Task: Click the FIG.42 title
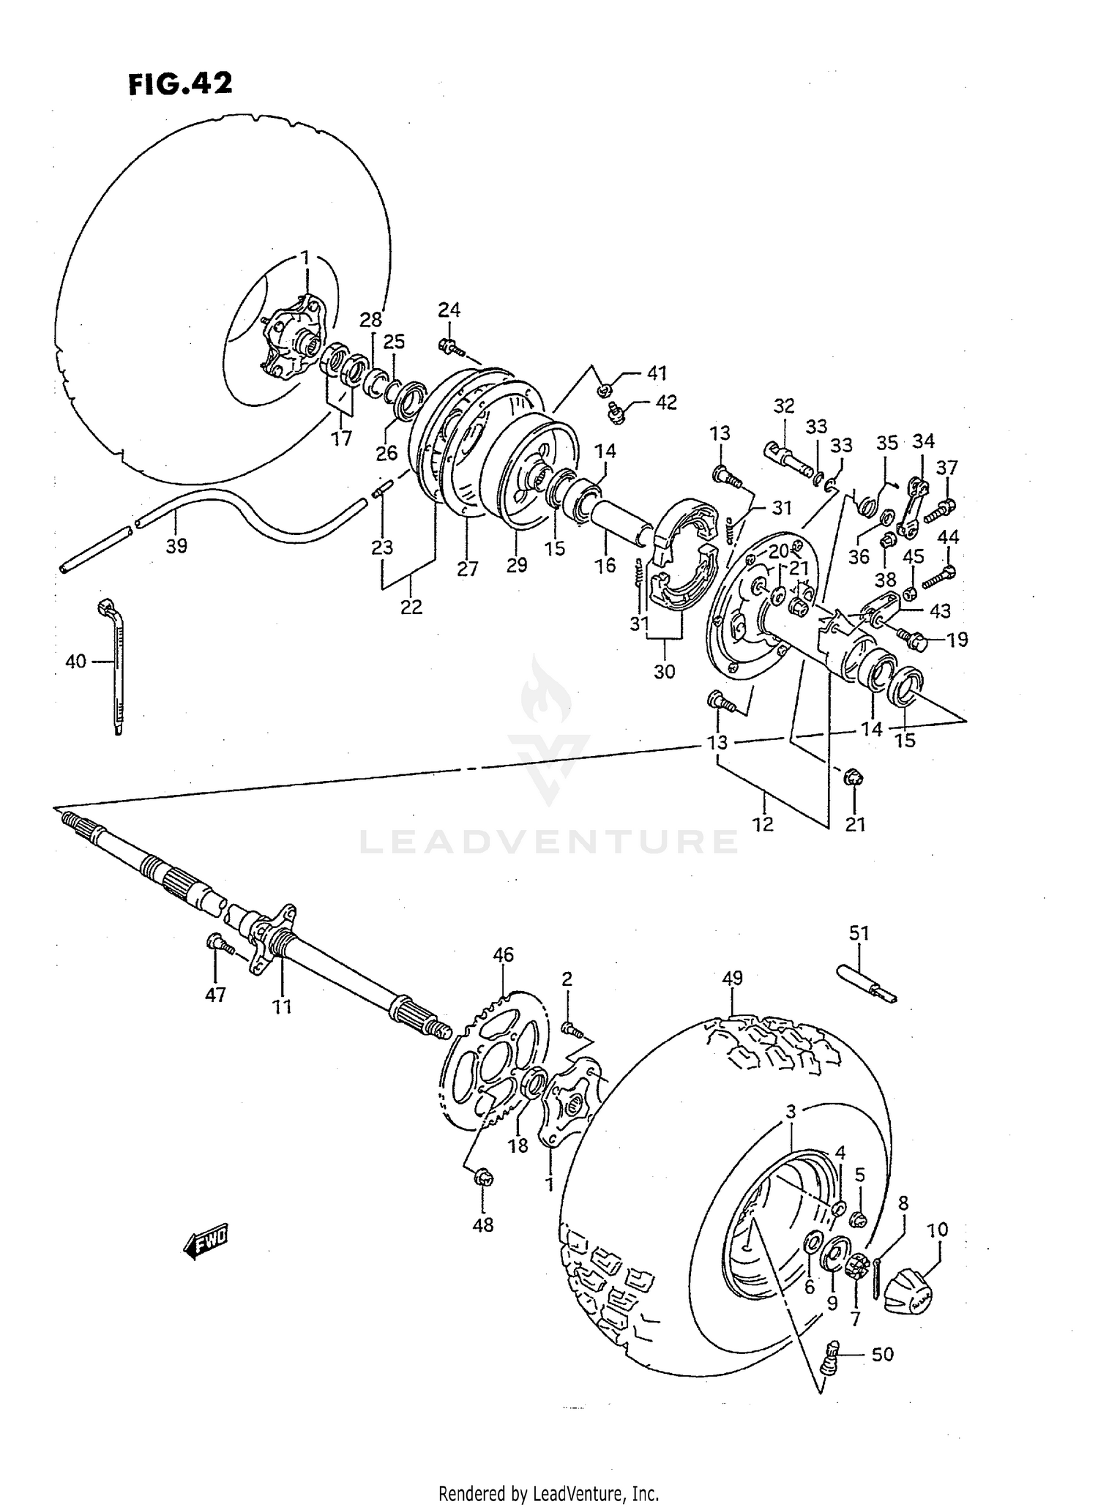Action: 180,84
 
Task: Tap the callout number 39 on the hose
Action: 176,545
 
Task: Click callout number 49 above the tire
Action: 731,978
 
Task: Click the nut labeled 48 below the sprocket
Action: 483,1178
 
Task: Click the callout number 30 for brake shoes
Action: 664,670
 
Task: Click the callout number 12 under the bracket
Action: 763,824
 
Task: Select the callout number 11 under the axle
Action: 282,1007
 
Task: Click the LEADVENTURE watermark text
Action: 548,842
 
